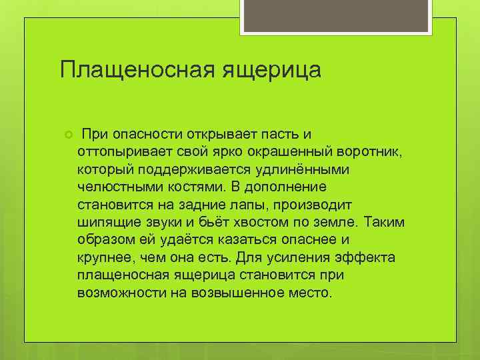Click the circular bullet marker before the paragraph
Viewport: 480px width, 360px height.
[67, 137]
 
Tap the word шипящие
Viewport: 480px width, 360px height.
[105, 221]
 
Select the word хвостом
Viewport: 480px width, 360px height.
[252, 221]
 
